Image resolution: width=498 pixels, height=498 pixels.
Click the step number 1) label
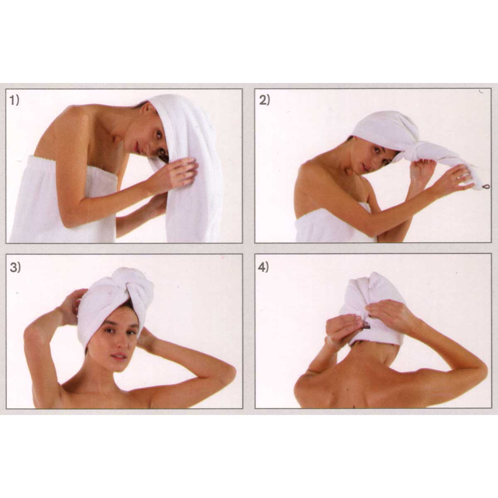(x=15, y=100)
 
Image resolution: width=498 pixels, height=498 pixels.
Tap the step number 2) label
(x=264, y=100)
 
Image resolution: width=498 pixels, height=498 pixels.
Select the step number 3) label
(x=15, y=268)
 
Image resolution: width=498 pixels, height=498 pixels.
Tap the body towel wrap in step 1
(x=62, y=202)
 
